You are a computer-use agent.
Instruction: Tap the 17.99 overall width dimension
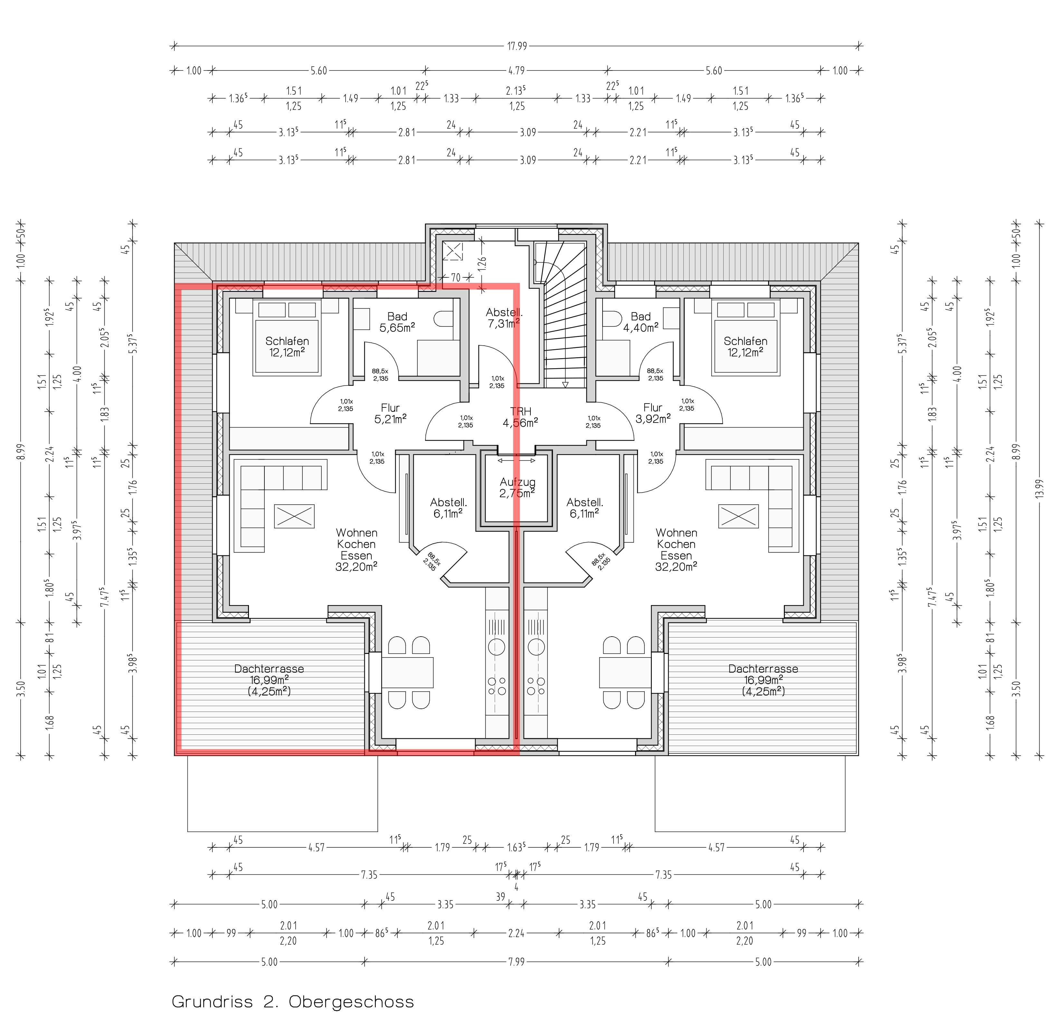pos(517,46)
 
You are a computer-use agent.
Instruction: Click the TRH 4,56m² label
pos(521,417)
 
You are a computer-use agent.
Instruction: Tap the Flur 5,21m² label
pos(390,413)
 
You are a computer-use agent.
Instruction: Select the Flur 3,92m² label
pos(653,413)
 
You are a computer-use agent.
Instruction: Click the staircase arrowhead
pos(565,385)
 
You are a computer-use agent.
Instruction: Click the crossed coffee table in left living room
pos(294,516)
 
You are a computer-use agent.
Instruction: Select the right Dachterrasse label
pos(763,680)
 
